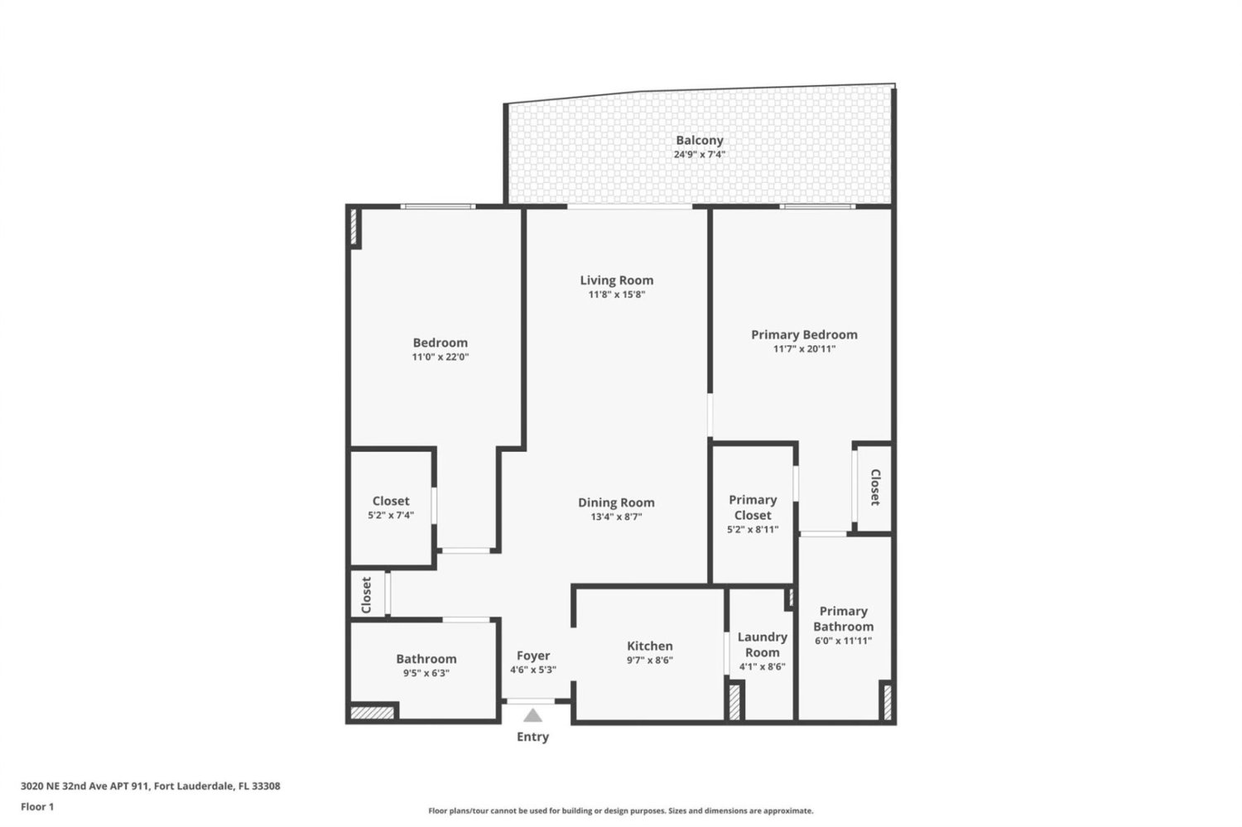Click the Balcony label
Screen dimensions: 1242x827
coord(699,141)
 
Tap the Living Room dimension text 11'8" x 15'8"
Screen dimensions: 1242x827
coord(617,295)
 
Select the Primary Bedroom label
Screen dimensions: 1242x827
coord(804,334)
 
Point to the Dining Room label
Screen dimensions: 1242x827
coord(616,502)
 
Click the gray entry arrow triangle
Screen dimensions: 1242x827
coord(533,715)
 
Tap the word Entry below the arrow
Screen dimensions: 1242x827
coord(533,737)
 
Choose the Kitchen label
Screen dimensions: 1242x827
coord(650,646)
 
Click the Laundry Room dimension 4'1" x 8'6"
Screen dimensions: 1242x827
coord(762,666)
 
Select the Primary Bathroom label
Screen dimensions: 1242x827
coord(844,618)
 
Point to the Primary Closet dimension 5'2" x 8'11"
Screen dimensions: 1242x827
coord(753,529)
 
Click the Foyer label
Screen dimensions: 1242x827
coord(533,656)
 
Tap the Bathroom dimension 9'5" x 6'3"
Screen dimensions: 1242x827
coord(426,674)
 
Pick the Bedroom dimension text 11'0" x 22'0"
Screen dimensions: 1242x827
coord(440,357)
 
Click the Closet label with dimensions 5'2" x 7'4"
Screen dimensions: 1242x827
coord(391,501)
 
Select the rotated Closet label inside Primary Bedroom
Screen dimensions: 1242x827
coord(875,488)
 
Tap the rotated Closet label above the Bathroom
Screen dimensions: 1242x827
coord(366,595)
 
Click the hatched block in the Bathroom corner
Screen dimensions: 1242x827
coord(373,712)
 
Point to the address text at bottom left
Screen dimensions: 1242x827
coord(150,786)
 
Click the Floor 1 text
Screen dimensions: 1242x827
coord(37,806)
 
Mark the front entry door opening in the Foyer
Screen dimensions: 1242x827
coord(531,702)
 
